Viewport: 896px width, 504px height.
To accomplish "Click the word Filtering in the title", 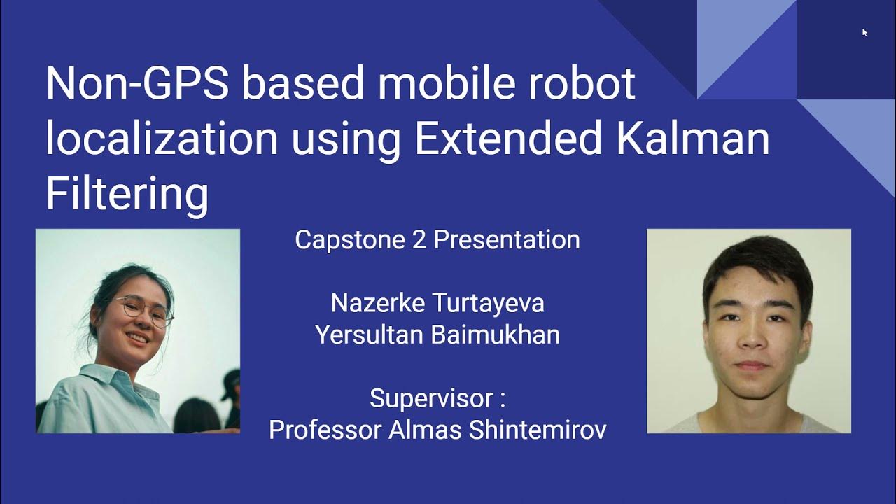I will coord(127,194).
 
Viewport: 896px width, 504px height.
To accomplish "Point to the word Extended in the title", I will coord(507,139).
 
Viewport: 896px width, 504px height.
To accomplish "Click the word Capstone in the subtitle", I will coord(340,240).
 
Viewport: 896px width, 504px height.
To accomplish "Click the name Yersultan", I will coord(370,335).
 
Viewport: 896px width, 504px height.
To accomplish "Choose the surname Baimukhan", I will coord(495,335).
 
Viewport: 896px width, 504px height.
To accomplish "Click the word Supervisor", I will coord(431,399).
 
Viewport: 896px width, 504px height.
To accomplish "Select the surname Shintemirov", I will coord(538,430).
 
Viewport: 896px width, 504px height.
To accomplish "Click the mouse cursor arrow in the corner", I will coord(864,31).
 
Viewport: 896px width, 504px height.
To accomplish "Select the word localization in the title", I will coord(162,139).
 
